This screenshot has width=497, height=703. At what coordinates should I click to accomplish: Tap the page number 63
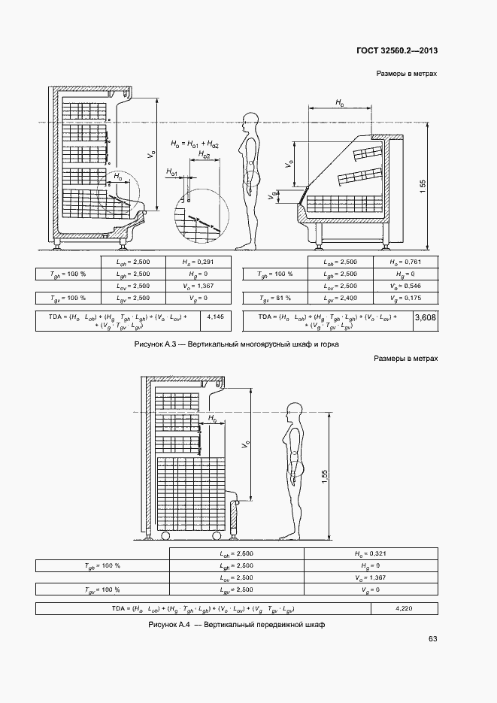432,639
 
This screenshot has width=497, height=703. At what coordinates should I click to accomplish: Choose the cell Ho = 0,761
408,262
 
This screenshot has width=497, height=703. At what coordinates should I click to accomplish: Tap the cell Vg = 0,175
408,298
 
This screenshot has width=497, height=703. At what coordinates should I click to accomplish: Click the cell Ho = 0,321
370,553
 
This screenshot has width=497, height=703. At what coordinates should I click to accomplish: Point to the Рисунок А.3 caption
235,344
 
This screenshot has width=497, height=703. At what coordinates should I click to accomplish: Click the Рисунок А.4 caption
236,625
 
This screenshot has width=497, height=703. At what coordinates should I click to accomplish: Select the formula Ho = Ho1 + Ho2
194,143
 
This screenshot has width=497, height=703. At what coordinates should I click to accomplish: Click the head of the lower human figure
294,411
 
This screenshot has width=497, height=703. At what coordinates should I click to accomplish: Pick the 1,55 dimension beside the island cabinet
423,186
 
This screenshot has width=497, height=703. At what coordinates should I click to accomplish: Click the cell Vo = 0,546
408,286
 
